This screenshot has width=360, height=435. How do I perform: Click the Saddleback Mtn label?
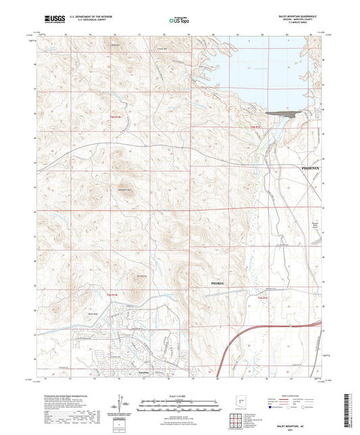coord(124,190)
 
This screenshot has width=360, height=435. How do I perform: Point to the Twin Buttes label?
coord(142,275)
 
